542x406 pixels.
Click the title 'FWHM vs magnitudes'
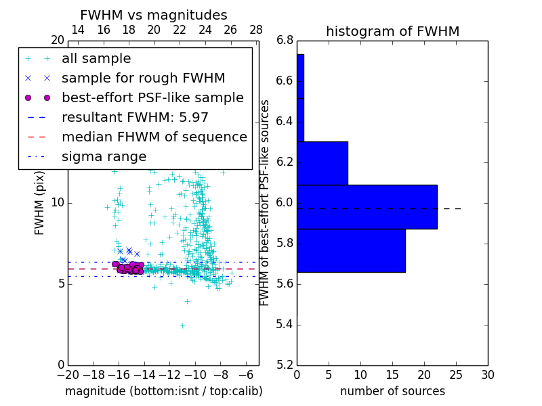[x=154, y=16]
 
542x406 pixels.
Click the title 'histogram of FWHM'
[x=392, y=31]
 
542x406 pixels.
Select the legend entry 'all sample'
[x=96, y=59]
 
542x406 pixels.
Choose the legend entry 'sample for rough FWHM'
[x=143, y=78]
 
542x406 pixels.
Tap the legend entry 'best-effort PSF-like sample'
[x=152, y=98]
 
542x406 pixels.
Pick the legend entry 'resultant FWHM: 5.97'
[x=135, y=118]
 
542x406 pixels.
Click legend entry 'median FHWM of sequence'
[x=154, y=137]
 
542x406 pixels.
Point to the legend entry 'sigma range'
[x=104, y=157]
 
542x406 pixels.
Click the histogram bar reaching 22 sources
[x=367, y=206]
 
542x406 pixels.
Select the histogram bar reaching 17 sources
[x=351, y=250]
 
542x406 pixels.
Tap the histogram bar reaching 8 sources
[x=322, y=163]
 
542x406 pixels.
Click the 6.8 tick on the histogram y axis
[x=285, y=41]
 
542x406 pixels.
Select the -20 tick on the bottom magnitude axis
[x=68, y=375]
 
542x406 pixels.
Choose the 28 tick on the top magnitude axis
[x=256, y=30]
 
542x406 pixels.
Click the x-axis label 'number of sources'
[x=392, y=391]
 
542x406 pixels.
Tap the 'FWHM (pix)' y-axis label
[x=40, y=203]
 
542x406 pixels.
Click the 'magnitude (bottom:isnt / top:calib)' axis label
[x=163, y=391]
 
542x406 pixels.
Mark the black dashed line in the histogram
[x=451, y=208]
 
